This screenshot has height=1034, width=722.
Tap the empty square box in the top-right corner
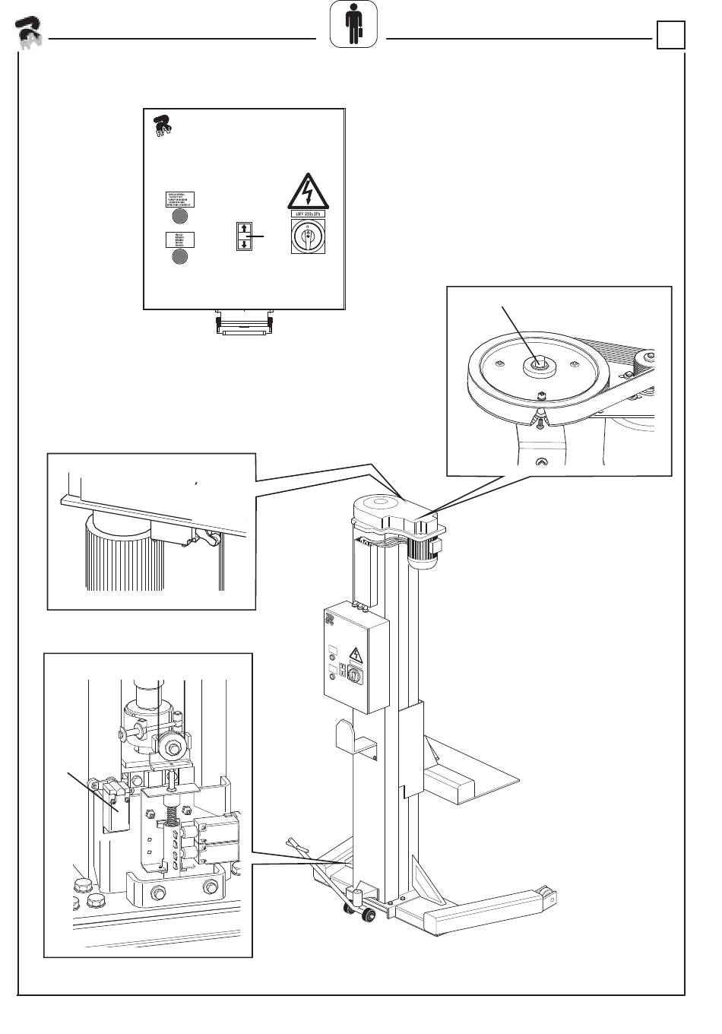(671, 35)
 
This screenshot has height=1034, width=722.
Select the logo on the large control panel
(162, 127)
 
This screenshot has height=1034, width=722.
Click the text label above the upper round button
(179, 200)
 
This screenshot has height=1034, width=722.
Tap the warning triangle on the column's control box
(355, 655)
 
